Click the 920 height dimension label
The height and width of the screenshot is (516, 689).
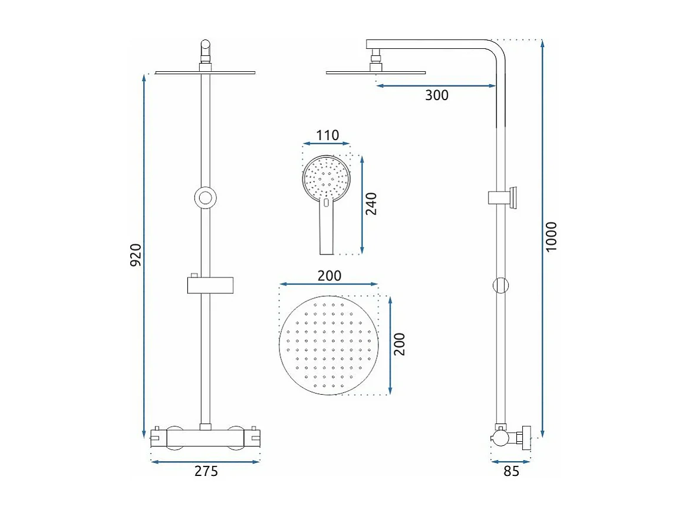click(136, 254)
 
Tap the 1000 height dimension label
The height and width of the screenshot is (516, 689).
click(551, 237)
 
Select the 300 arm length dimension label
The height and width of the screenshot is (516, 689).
click(437, 95)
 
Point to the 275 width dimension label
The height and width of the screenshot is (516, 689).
click(206, 471)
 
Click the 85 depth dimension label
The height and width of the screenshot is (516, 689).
click(512, 471)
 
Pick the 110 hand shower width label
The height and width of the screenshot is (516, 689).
click(327, 135)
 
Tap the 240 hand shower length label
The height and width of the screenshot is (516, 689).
click(371, 204)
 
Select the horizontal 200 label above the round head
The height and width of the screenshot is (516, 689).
click(329, 275)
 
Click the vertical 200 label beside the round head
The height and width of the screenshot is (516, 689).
click(400, 344)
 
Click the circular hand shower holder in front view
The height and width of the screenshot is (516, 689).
click(205, 197)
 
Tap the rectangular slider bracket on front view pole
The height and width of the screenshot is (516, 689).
click(211, 285)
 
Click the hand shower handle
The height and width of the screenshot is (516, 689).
click(327, 233)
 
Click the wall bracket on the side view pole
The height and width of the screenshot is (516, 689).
click(505, 197)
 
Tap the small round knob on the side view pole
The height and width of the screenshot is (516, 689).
click(500, 286)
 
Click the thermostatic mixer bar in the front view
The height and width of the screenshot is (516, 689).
click(206, 437)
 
